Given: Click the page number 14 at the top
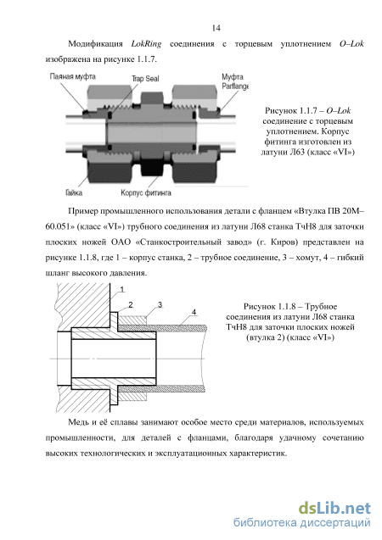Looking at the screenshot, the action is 216,28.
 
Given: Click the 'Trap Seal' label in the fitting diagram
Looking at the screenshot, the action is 145,79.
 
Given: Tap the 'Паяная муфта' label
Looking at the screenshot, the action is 72,76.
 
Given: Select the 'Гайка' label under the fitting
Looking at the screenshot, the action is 74,192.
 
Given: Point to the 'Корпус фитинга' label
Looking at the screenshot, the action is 146,193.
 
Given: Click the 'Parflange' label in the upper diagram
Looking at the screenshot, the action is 235,86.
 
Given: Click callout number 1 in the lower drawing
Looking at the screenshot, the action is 122,290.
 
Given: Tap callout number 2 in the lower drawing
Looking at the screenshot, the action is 131,305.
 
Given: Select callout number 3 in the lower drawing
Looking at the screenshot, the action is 160,305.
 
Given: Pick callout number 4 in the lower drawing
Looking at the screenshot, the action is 194,312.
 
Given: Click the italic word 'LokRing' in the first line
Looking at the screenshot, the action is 146,44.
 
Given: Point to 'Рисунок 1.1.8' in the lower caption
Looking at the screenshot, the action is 270,306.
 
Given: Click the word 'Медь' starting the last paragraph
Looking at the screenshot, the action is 78,422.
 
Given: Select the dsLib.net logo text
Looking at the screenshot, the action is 334,509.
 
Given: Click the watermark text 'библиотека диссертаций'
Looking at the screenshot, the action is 302,523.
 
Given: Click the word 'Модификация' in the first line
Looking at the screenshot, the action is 95,44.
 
